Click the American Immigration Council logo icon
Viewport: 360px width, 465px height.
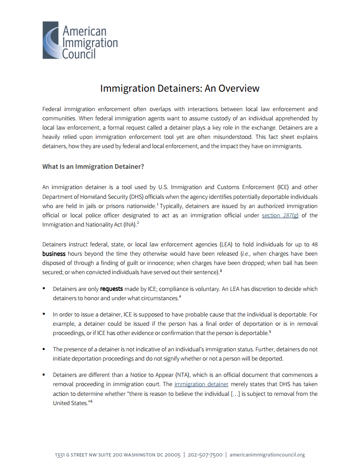[51, 40]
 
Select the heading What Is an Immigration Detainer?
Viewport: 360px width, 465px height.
[93, 167]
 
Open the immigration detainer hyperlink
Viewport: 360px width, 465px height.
[201, 384]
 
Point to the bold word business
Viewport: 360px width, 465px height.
[54, 254]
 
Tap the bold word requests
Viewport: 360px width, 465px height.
[111, 289]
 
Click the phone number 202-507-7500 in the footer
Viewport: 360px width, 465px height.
[205, 455]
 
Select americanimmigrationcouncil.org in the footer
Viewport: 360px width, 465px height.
[267, 455]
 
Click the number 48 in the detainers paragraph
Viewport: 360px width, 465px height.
[314, 244]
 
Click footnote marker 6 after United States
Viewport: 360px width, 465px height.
[91, 402]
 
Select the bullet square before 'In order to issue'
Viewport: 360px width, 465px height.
[44, 314]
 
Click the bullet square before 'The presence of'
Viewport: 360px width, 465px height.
[44, 349]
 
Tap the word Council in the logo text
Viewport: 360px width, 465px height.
[79, 54]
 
